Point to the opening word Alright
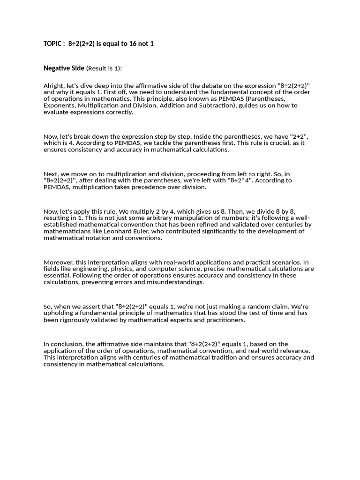[53, 86]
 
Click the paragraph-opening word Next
[51, 174]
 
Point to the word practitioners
[223, 320]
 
